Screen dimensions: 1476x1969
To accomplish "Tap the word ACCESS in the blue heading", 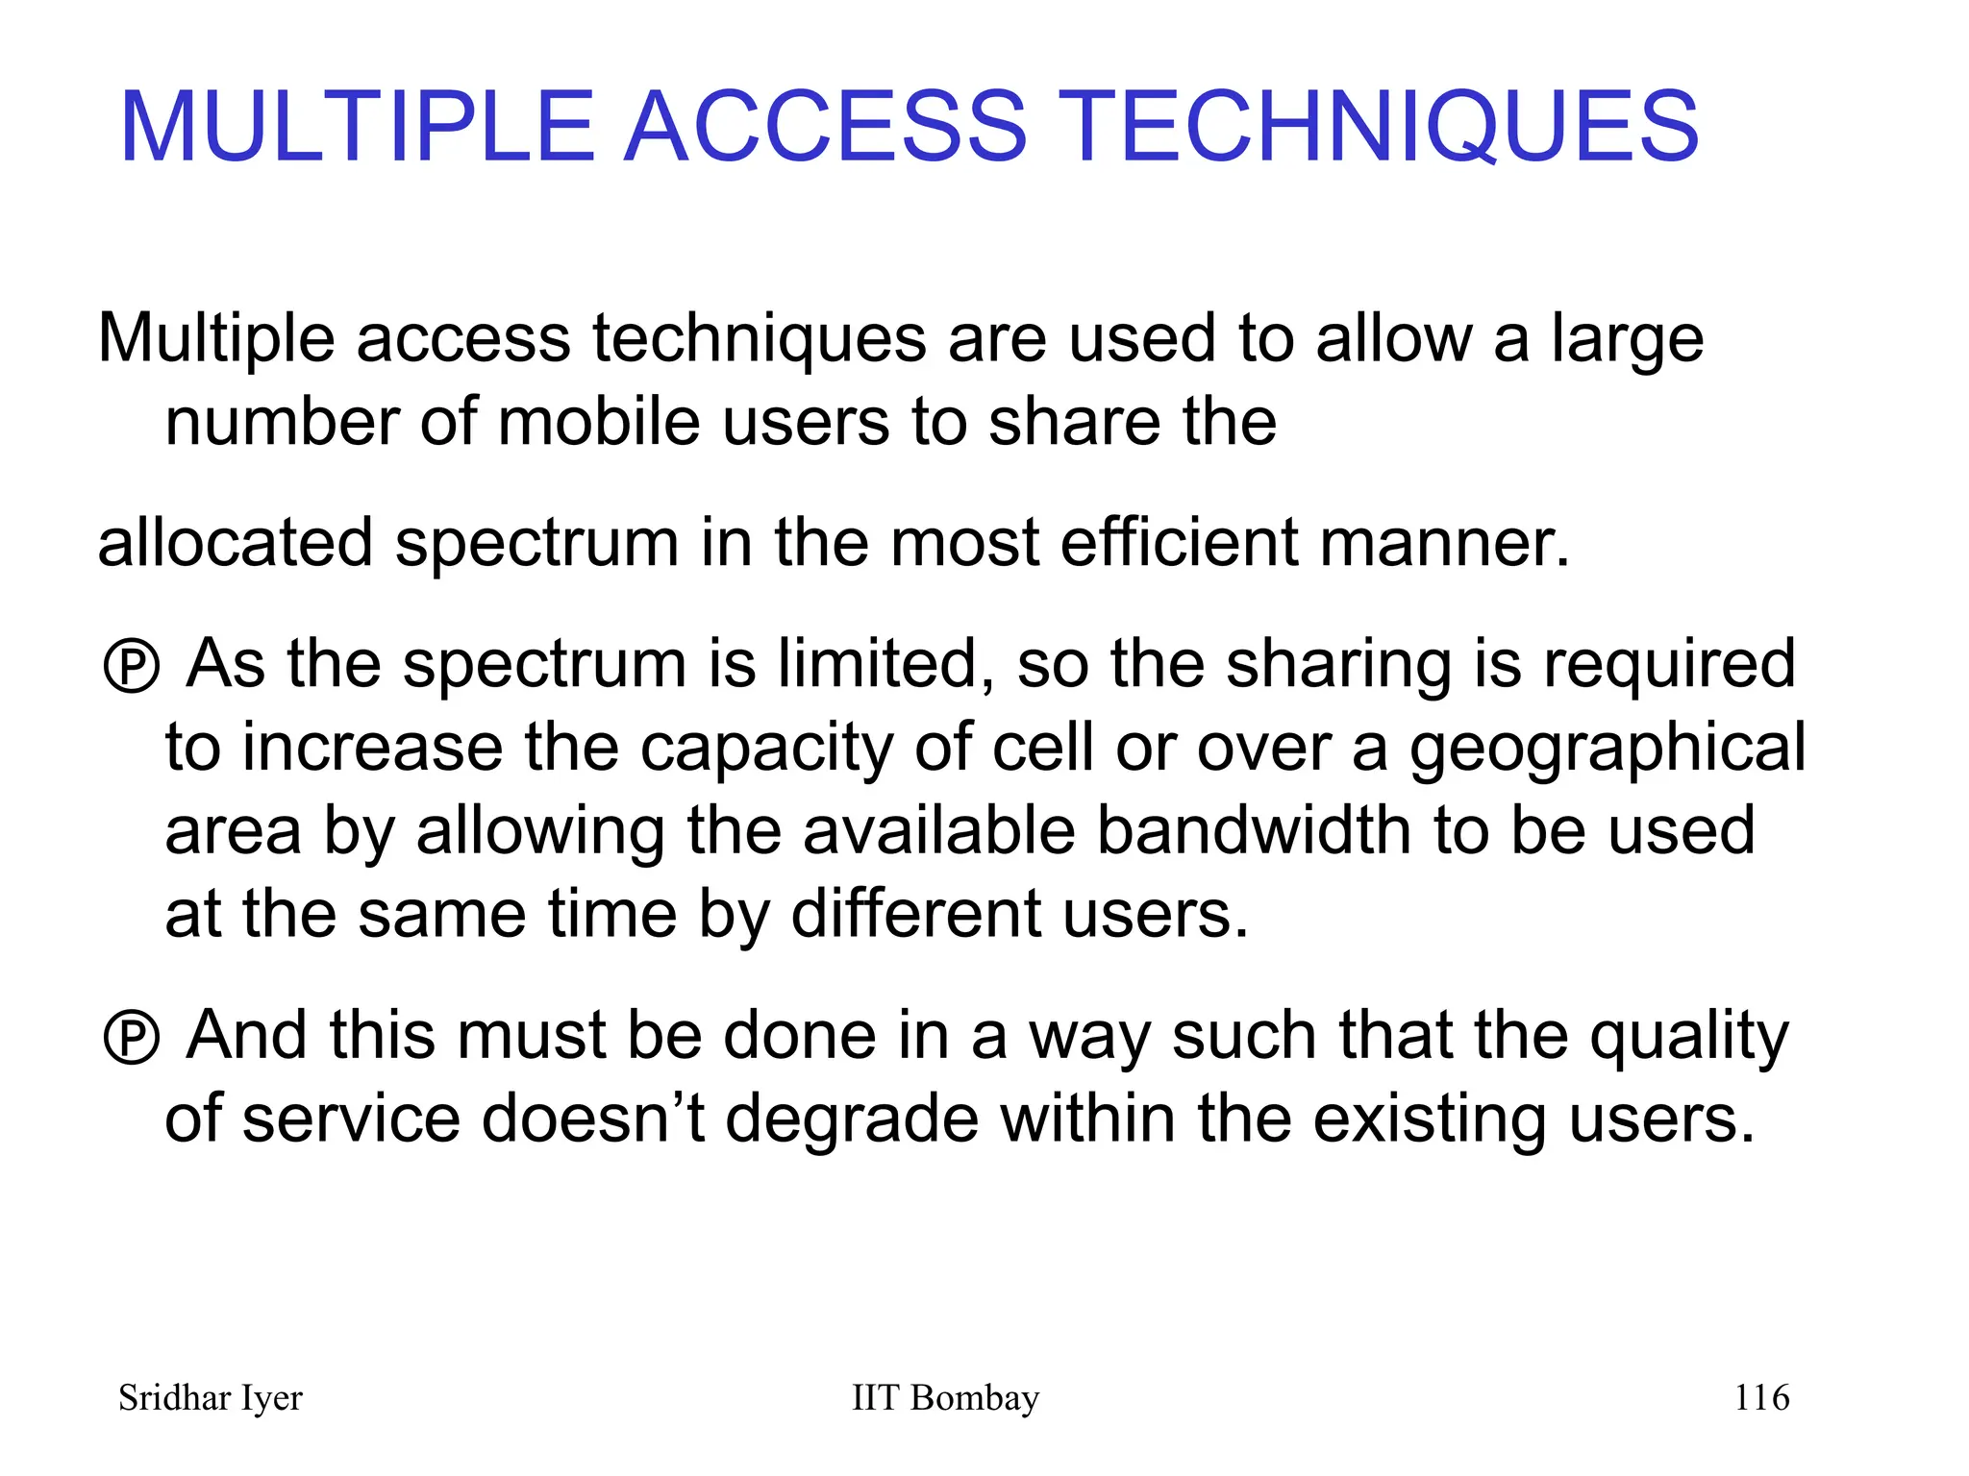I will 826,127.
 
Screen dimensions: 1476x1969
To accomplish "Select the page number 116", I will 1760,1397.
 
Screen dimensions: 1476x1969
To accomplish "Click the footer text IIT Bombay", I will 945,1398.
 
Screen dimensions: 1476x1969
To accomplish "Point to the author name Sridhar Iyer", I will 210,1398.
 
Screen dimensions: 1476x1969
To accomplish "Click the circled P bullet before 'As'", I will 131,666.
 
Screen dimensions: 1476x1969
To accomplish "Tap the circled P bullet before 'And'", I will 131,1038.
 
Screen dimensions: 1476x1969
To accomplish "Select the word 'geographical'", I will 1607,749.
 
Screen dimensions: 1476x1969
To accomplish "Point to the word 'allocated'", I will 235,543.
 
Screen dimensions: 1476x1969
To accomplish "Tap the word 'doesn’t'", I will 592,1119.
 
